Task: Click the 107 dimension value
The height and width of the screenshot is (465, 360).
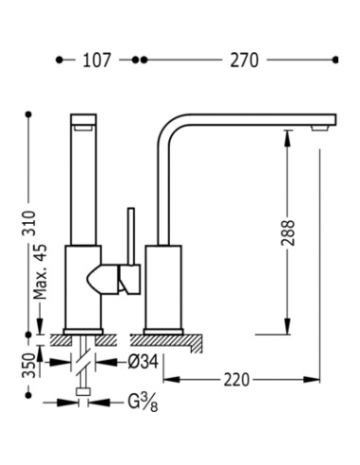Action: click(x=96, y=60)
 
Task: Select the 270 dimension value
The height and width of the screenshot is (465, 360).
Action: click(x=245, y=60)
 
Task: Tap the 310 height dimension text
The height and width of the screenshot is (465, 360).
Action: click(x=28, y=223)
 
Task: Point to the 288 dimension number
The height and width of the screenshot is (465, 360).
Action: click(x=288, y=232)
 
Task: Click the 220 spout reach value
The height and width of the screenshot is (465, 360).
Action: click(x=236, y=380)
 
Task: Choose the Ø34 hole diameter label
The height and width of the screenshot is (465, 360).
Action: click(x=143, y=362)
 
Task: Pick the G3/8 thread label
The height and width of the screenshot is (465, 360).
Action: click(x=143, y=403)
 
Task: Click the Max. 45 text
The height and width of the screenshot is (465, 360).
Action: click(x=40, y=271)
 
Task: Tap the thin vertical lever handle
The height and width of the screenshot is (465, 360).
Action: click(x=131, y=236)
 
